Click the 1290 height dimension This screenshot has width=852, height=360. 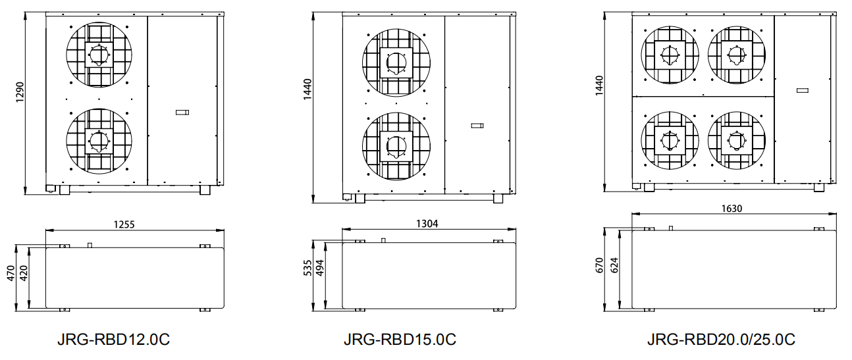click(20, 92)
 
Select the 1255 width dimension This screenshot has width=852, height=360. click(124, 224)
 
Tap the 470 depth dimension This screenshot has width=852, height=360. click(11, 273)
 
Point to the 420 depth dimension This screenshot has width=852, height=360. click(24, 273)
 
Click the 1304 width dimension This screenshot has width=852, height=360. click(427, 224)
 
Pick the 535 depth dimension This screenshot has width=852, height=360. click(307, 268)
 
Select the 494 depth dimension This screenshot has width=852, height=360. click(320, 268)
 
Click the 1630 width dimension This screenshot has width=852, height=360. click(732, 209)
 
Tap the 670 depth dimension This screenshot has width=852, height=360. click(599, 265)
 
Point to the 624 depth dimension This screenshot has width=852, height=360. click(614, 265)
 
